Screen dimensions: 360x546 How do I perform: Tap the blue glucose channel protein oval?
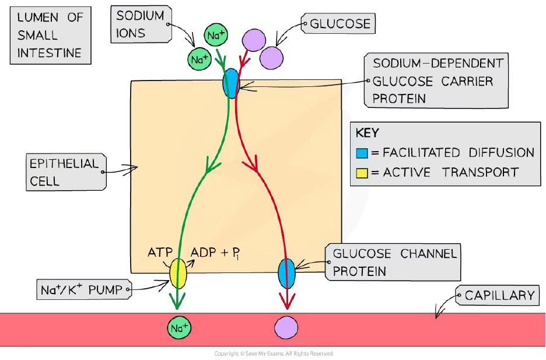[286, 272]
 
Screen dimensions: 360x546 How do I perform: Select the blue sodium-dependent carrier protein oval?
[231, 84]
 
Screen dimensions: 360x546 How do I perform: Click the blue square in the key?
[361, 153]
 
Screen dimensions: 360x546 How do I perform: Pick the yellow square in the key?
[361, 172]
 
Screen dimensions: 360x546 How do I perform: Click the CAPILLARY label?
[499, 296]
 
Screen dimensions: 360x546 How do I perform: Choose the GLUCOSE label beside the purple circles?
[340, 24]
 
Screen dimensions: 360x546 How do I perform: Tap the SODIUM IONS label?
[140, 24]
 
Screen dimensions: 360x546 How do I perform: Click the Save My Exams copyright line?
[273, 354]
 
